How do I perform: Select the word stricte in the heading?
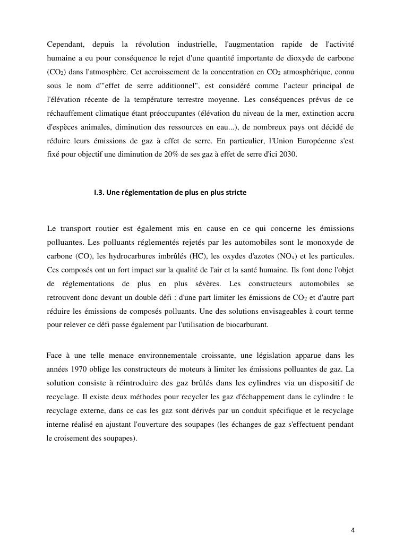[x=235, y=193]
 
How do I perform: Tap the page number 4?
[x=353, y=530]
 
